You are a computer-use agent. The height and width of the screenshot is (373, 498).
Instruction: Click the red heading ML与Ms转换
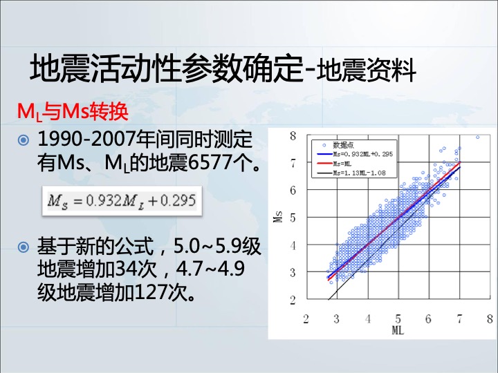point(73,112)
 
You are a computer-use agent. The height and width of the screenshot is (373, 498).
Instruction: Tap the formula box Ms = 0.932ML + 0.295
point(122,201)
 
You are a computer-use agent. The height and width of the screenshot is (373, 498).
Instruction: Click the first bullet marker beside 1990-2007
point(24,140)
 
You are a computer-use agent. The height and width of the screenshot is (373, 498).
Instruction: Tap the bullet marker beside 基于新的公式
point(24,247)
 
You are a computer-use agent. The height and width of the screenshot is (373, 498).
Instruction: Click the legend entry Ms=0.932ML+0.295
point(355,155)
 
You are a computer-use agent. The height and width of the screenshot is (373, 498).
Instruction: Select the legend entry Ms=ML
point(335,164)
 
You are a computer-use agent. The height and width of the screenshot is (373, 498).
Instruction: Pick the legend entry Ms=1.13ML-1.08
point(351,173)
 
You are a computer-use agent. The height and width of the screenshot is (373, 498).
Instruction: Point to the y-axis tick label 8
point(293,136)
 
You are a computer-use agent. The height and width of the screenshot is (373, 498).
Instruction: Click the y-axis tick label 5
point(293,218)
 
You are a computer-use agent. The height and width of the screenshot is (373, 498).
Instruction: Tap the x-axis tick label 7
point(459,318)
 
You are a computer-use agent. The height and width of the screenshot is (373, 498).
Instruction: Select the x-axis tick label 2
point(306,318)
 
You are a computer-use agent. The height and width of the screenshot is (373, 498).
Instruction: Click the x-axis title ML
point(398,330)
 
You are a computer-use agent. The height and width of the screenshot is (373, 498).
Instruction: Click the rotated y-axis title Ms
point(278,217)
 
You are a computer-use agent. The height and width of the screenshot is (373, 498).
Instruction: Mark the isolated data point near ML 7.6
point(477,137)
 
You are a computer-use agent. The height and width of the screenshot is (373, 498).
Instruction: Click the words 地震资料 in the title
point(366,70)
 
